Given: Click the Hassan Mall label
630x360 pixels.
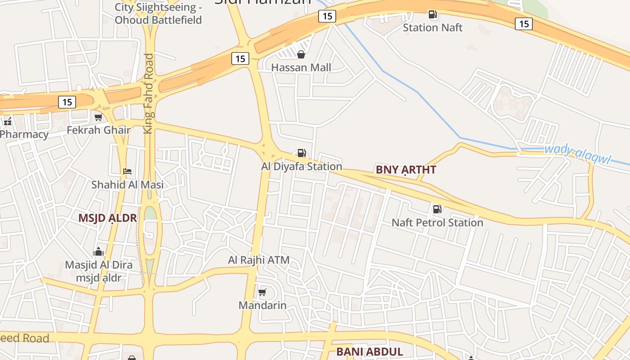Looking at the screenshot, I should (x=301, y=67).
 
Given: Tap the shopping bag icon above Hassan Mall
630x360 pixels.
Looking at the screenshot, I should (x=301, y=54).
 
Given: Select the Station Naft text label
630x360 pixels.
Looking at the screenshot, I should (x=432, y=27).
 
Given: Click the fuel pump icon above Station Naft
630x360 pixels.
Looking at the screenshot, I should (x=433, y=14).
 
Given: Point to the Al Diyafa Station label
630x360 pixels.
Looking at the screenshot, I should (x=301, y=166).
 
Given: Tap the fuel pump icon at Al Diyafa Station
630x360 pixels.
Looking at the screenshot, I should (x=301, y=153).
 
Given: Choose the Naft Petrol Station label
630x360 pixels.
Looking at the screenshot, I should (x=437, y=222).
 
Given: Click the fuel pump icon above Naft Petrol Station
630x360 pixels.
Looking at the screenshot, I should (x=437, y=209).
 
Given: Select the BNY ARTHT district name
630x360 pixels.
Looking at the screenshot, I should (x=406, y=170).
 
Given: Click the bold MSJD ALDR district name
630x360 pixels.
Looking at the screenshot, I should (x=108, y=218).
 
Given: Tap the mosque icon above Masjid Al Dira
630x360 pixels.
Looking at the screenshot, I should (x=99, y=252).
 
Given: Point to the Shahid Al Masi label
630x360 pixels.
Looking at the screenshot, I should (x=127, y=184).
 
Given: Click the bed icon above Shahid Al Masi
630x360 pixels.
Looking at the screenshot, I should (x=127, y=171).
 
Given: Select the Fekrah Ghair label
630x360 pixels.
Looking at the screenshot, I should (x=99, y=130).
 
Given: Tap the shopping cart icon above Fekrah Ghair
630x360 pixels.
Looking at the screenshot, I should (x=99, y=117).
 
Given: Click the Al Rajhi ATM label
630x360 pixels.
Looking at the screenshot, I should (x=259, y=260).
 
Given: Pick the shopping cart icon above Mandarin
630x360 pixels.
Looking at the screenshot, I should (x=262, y=292).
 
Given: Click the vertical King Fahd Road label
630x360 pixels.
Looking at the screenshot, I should (x=148, y=94).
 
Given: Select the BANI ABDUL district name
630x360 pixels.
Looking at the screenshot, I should (x=369, y=351).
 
